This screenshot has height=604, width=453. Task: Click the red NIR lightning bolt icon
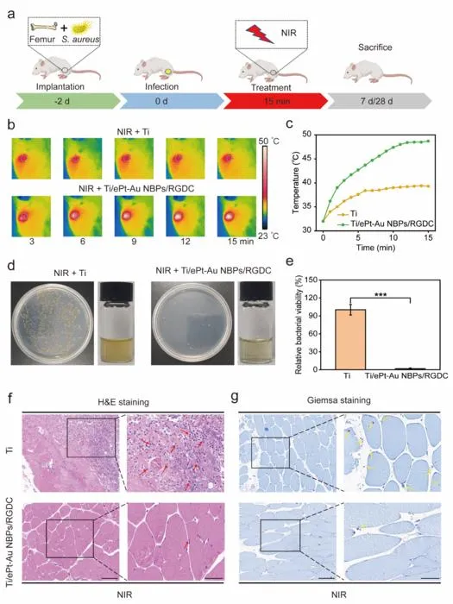tap(260, 34)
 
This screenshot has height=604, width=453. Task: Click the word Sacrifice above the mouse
tap(374, 47)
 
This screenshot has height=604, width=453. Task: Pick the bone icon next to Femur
tap(44, 27)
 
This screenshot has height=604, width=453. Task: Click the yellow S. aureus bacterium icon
tap(84, 28)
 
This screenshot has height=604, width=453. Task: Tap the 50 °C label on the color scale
tap(268, 142)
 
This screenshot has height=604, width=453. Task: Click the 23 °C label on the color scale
tap(267, 236)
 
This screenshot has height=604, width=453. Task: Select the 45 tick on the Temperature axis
tap(307, 159)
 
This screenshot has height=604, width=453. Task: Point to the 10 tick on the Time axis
tap(393, 237)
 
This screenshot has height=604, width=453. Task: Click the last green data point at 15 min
tap(428, 141)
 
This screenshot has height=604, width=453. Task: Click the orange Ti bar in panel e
tap(350, 339)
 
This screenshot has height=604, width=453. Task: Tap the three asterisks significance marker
tap(381, 295)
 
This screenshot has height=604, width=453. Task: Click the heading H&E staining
tap(123, 402)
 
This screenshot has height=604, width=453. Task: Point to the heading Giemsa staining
tap(339, 400)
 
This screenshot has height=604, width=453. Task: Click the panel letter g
tap(235, 397)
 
